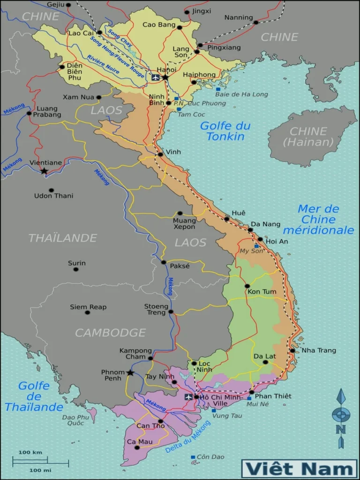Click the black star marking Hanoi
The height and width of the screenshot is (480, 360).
[165, 77]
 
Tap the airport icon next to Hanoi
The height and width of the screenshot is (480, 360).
[156, 77]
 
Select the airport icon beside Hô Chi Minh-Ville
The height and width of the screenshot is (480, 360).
[189, 397]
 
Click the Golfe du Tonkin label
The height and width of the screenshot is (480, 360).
[225, 131]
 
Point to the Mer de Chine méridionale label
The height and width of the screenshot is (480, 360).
[318, 219]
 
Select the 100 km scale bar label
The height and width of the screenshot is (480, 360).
[30, 452]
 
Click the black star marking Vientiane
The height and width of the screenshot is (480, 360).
[44, 171]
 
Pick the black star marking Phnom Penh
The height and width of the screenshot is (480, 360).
[130, 373]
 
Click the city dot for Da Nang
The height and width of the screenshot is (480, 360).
[250, 230]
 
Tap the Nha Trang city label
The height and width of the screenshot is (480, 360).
[318, 350]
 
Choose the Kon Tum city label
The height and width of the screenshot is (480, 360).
[262, 292]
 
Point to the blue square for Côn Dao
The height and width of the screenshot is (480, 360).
[193, 457]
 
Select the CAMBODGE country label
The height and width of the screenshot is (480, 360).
[110, 333]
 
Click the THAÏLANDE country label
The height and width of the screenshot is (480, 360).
[62, 238]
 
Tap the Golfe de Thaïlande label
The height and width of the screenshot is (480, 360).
[34, 396]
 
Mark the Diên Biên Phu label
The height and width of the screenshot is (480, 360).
[75, 72]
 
